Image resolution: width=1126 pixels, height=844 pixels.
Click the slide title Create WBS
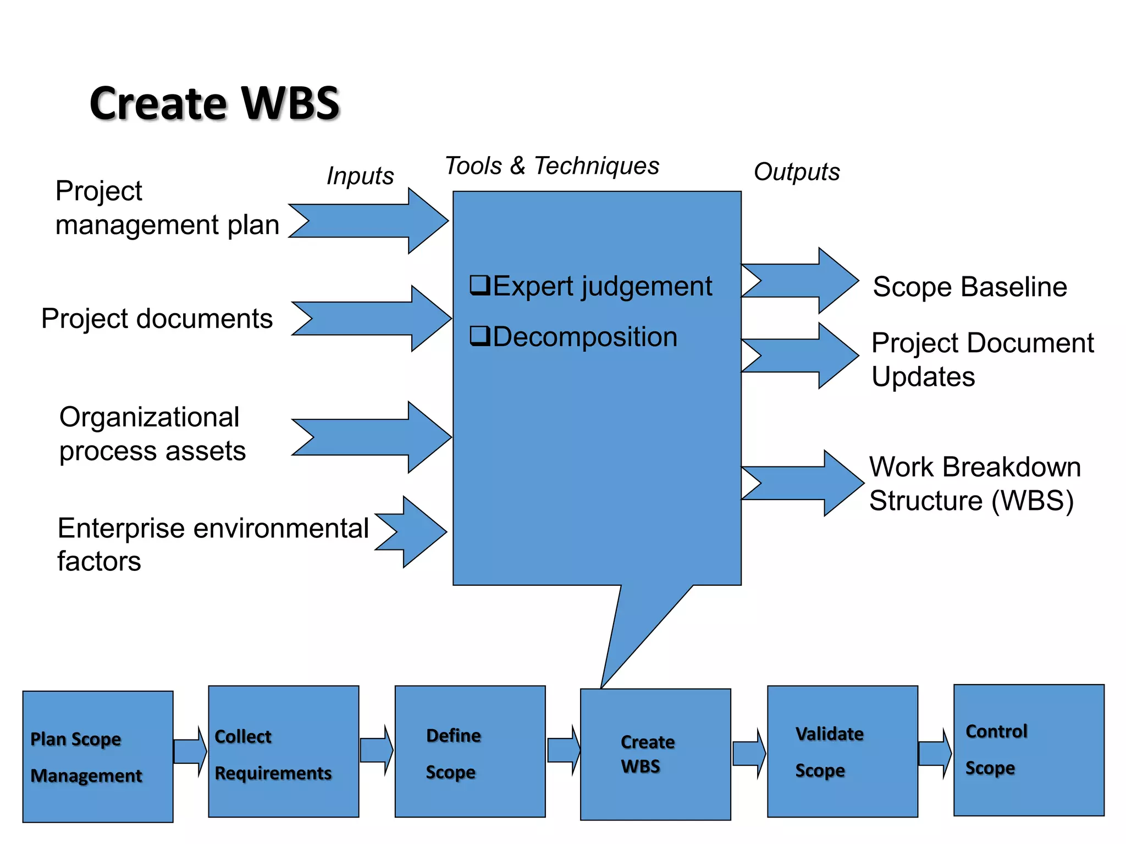point(214,103)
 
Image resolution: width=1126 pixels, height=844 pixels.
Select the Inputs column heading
point(360,176)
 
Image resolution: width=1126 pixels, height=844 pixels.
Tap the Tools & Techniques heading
point(551,166)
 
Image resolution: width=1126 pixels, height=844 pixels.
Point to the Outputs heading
point(797,172)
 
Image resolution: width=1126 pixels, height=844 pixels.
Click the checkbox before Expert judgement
point(479,285)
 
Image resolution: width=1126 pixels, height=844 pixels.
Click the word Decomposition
point(585,337)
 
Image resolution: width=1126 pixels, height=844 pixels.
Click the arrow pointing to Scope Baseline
point(803,281)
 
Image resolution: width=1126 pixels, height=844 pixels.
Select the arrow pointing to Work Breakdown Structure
point(805,483)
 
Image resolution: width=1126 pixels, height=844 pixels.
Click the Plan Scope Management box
point(98,757)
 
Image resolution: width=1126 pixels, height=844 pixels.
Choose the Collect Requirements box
point(284,752)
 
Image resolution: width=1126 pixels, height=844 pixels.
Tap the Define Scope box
point(470,752)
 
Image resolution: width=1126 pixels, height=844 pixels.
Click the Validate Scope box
point(842,752)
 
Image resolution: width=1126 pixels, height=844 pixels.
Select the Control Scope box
point(1029,750)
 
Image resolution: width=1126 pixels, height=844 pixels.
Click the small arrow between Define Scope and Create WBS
point(564,750)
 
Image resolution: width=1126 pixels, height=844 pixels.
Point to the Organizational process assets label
point(152,434)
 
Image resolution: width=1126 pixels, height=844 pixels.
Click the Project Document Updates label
point(983,360)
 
